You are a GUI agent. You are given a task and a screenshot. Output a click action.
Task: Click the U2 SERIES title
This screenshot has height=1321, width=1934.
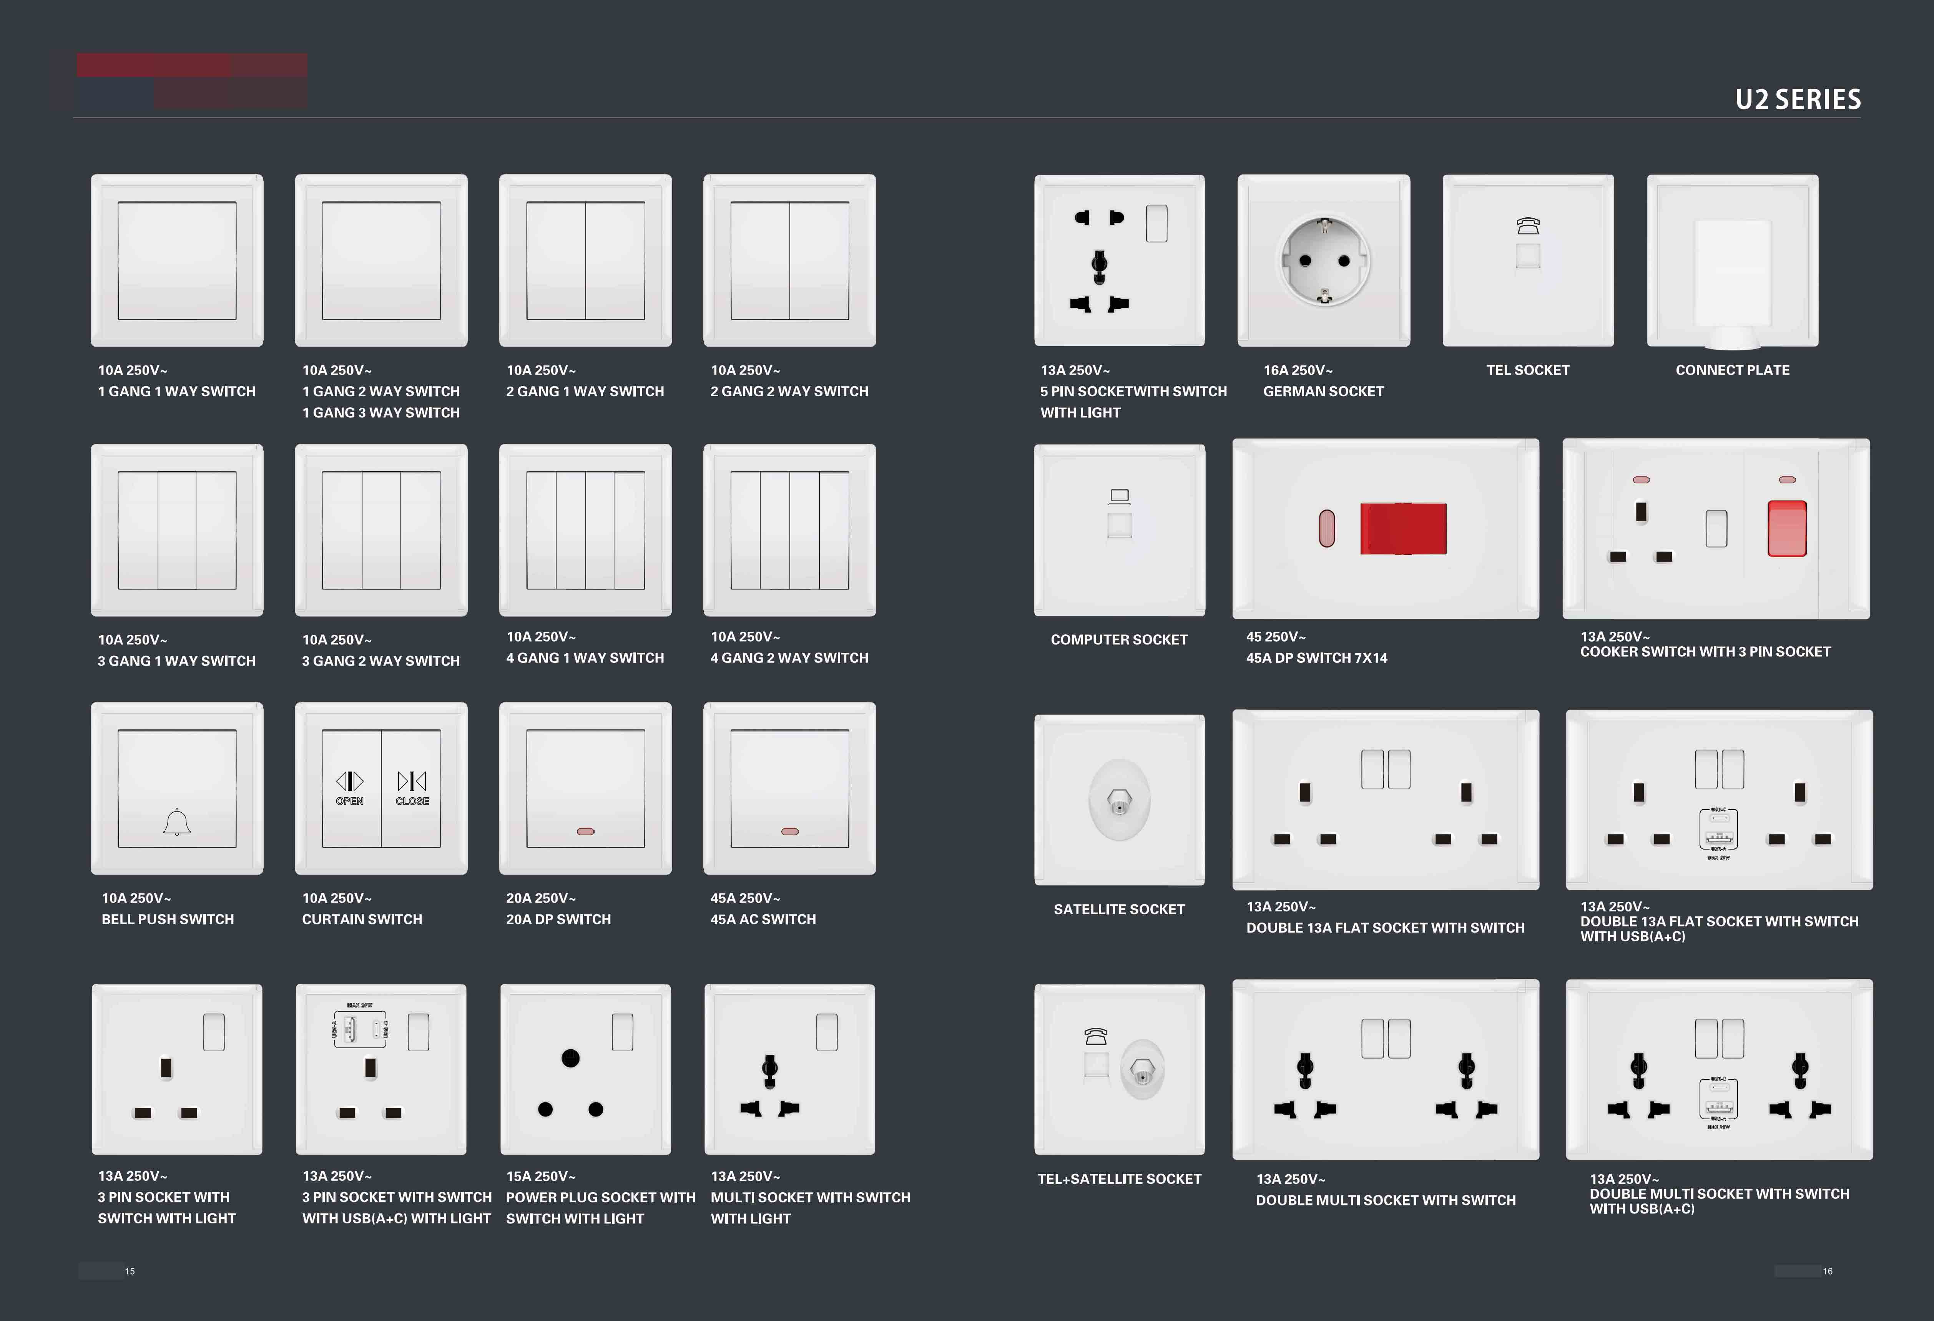pos(1798,99)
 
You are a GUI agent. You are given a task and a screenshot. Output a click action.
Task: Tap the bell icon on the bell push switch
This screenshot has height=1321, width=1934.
pos(176,822)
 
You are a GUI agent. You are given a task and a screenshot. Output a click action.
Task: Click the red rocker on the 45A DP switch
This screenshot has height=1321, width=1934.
pos(1403,528)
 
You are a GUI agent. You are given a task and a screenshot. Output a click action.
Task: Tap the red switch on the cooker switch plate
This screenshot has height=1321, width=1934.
pos(1787,528)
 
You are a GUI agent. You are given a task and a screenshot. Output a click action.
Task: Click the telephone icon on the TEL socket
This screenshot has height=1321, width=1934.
pos(1528,226)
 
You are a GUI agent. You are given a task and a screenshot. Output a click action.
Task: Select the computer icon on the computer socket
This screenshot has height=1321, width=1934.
pos(1119,496)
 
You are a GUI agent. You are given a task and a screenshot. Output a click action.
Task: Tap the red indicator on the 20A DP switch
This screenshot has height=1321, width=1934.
pos(586,831)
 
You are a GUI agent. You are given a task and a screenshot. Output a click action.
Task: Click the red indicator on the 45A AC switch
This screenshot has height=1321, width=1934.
pos(790,831)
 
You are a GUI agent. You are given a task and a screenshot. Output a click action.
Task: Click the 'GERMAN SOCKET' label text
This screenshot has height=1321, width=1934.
pos(1323,391)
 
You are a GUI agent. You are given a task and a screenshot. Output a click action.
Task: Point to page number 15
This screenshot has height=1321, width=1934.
pos(130,1271)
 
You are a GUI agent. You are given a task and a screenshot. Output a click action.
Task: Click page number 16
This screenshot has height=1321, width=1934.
pos(1828,1271)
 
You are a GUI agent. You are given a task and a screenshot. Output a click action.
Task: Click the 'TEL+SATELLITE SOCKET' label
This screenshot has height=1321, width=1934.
pos(1119,1179)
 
